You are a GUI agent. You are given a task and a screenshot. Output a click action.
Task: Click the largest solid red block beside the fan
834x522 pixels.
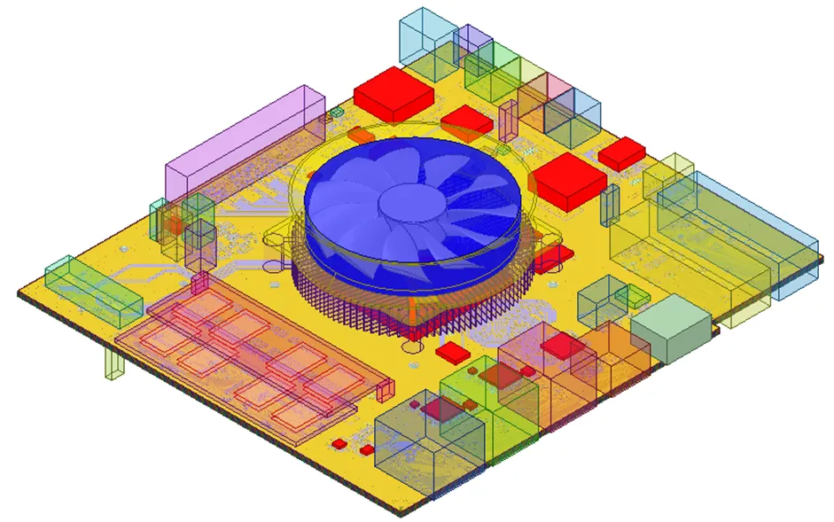click(567, 180)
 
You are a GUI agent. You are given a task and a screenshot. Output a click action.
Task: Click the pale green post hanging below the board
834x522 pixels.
click(113, 363)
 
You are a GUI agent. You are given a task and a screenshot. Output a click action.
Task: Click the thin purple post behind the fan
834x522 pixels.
click(508, 120)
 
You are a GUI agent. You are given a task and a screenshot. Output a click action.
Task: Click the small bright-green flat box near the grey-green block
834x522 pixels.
click(638, 300)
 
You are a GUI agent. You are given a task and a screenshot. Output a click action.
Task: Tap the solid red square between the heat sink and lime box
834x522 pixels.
click(451, 352)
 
